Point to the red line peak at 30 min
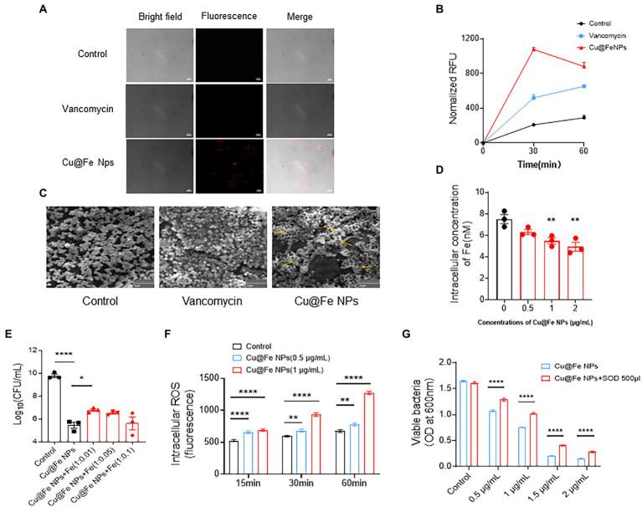coord(532,49)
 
